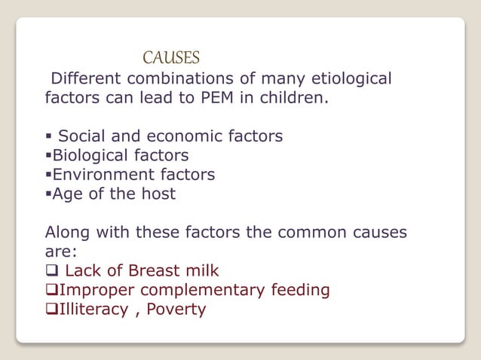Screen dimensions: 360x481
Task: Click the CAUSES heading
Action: [x=171, y=58]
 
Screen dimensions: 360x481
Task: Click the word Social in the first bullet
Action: [x=82, y=136]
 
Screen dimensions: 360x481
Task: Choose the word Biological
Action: [x=89, y=155]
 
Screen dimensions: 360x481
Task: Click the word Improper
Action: [x=93, y=290]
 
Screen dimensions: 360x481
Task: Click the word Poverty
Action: [x=176, y=310]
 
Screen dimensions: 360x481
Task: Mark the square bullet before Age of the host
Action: [x=48, y=194]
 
